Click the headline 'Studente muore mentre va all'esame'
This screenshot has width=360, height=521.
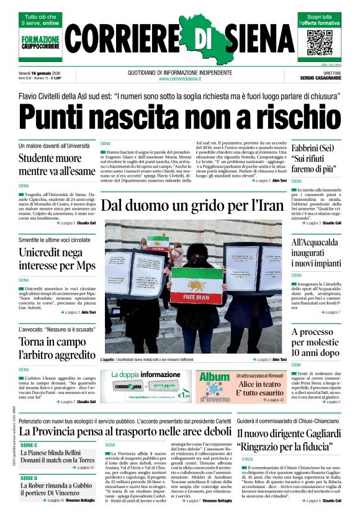(56, 164)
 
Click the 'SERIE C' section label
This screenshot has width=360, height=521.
(29, 445)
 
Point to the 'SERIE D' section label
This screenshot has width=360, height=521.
(29, 478)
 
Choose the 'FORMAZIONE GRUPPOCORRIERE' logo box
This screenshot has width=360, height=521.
(41, 42)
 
